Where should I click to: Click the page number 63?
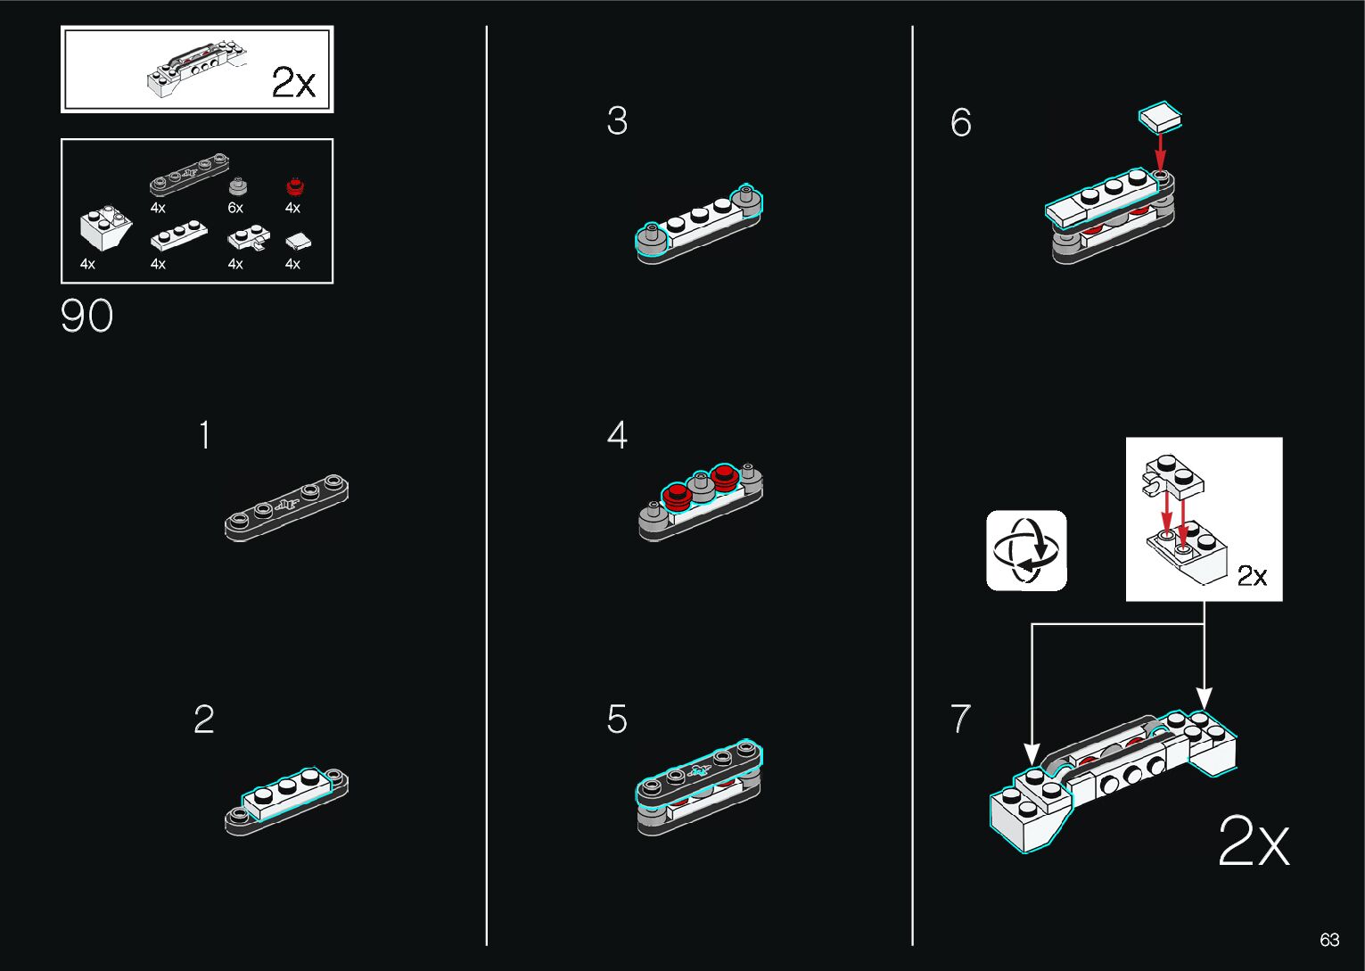point(1329,940)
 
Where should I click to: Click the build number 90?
point(86,316)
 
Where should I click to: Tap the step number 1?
point(205,435)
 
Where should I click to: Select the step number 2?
point(204,720)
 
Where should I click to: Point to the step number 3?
point(617,120)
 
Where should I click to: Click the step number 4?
point(617,435)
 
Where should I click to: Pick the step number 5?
point(617,720)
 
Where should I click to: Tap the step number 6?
point(961,122)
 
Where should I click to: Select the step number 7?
point(961,718)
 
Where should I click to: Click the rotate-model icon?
point(1026,550)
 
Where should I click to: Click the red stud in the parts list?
point(295,186)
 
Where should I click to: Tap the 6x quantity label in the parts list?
point(235,208)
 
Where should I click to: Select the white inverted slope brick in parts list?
point(105,227)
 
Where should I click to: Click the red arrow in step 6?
point(1160,152)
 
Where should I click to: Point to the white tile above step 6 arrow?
point(1160,117)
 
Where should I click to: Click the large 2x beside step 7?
point(1254,841)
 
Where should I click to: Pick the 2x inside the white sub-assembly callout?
point(1252,575)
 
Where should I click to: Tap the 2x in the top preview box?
point(293,82)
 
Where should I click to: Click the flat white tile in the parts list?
point(298,242)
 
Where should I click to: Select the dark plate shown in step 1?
point(286,507)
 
